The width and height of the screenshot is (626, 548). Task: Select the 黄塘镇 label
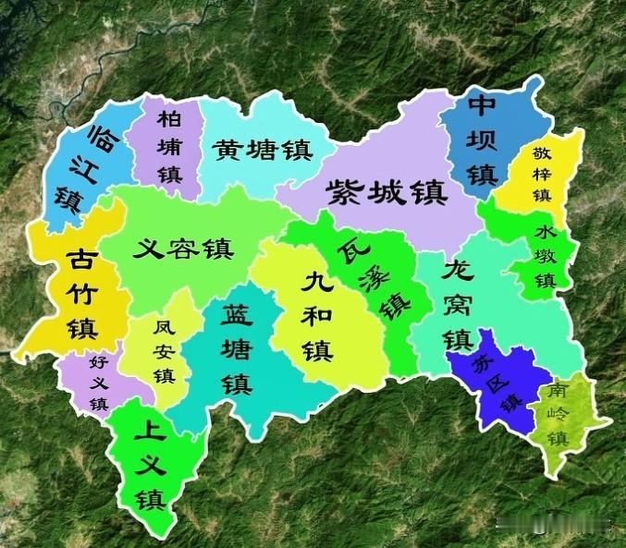pos(262,150)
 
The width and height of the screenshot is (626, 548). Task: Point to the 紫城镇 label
pos(387,192)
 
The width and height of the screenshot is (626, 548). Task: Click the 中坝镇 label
pos(483,140)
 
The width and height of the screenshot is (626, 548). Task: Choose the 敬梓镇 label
pos(541,174)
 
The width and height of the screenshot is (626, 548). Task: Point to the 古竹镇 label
pos(78,294)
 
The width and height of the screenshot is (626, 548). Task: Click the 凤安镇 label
pos(164,351)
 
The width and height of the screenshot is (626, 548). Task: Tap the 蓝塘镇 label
pos(236,348)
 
